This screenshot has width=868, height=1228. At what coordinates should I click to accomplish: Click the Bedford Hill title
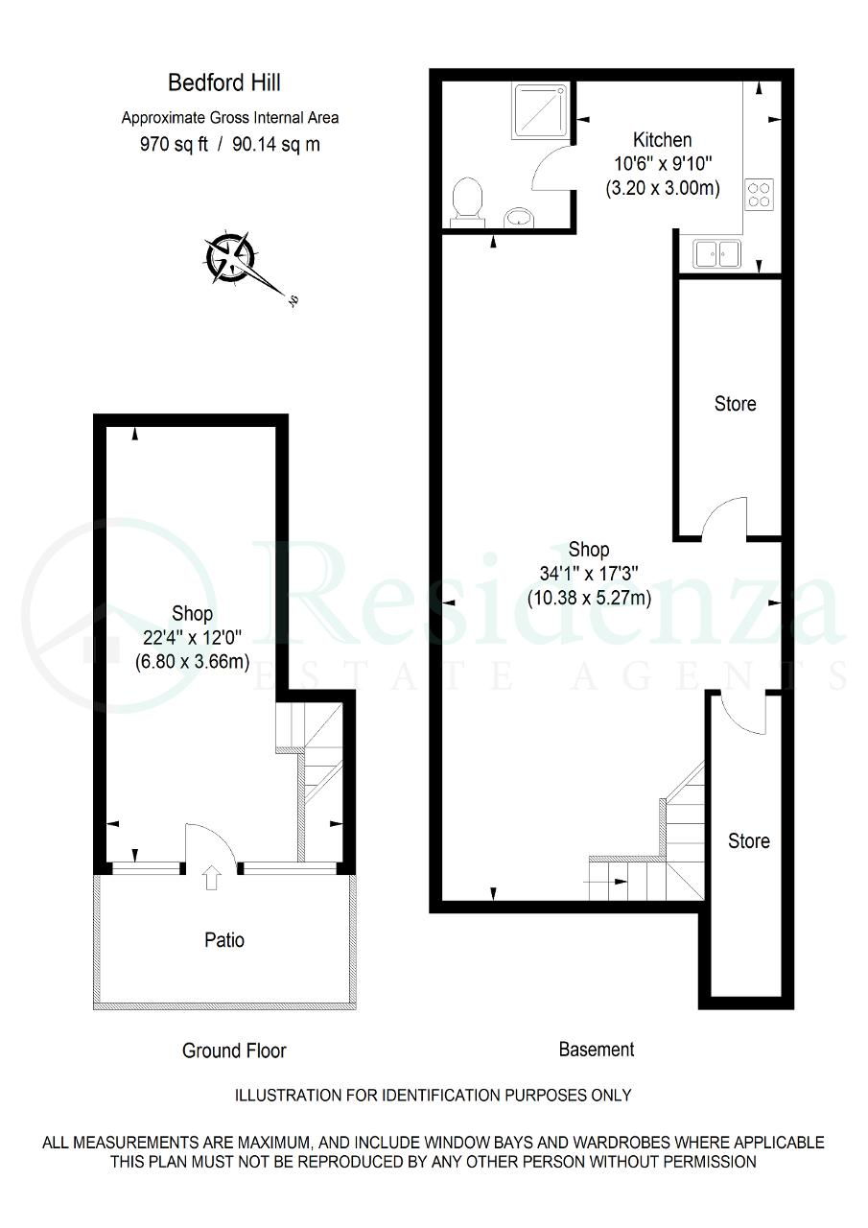(x=223, y=83)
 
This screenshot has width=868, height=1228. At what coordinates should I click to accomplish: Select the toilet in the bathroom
(x=467, y=201)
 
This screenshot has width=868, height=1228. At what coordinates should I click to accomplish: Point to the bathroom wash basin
(x=519, y=217)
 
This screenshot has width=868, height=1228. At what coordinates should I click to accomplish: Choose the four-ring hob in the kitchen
(x=759, y=195)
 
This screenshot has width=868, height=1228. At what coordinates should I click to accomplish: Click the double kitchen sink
(x=716, y=254)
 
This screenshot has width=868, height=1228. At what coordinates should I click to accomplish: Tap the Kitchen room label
(x=662, y=140)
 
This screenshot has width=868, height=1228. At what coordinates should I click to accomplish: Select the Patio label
(x=224, y=940)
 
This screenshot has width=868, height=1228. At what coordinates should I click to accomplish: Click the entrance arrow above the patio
(x=212, y=877)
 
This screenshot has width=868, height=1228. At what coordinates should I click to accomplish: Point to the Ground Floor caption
(x=234, y=1051)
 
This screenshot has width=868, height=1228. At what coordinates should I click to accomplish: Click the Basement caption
(x=597, y=1050)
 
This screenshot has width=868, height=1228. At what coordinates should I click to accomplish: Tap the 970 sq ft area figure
(x=175, y=145)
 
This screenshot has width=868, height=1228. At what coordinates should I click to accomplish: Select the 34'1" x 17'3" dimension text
(x=589, y=574)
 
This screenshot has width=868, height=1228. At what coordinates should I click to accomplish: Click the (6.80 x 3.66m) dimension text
(x=193, y=662)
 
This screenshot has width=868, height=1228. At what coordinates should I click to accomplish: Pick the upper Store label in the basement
(x=736, y=404)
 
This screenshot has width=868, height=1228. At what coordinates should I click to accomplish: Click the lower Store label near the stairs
(x=748, y=841)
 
